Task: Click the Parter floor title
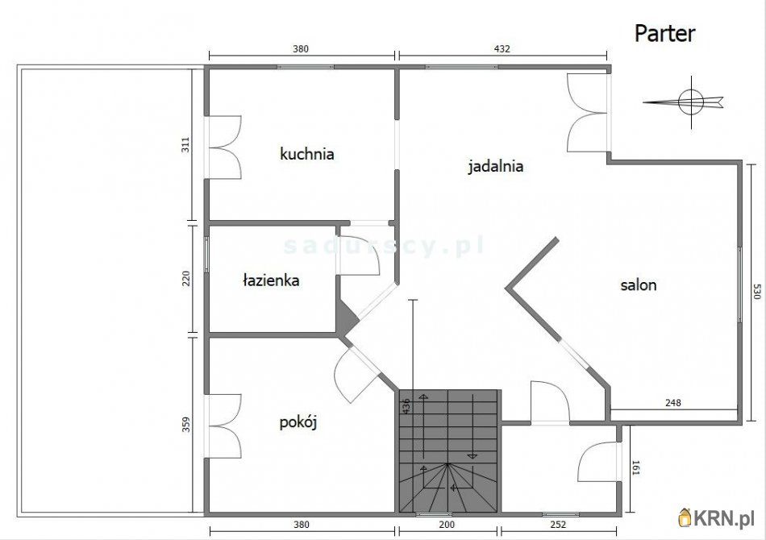click(664, 33)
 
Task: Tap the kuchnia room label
click(306, 153)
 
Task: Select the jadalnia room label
click(496, 167)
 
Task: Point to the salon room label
click(638, 285)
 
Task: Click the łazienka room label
click(271, 280)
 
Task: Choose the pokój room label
click(298, 422)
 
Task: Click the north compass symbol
click(689, 102)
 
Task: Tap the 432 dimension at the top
click(502, 48)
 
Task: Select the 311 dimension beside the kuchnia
click(185, 145)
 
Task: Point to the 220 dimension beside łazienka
click(185, 279)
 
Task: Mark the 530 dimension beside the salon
click(756, 292)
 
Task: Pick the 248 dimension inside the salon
click(674, 402)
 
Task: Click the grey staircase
click(449, 451)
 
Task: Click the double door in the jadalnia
click(586, 112)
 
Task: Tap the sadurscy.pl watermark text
click(383, 242)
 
